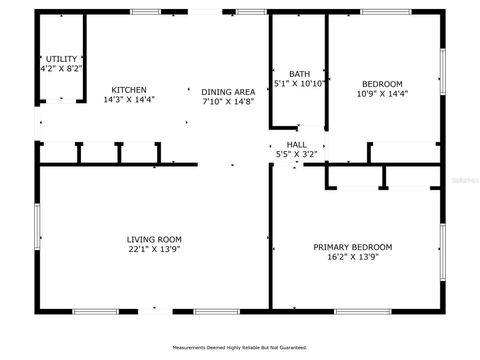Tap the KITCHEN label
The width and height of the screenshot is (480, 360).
(129, 90)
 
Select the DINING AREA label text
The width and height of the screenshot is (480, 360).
(228, 91)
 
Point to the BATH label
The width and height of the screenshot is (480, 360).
(299, 74)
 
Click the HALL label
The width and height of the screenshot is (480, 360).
(297, 145)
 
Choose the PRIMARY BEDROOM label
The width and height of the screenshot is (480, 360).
(352, 247)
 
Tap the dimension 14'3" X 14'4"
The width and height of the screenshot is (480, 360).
(129, 100)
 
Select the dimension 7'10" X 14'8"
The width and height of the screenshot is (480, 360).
(228, 101)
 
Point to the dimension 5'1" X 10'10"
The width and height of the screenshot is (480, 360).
(299, 84)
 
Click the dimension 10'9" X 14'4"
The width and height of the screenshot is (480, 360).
(383, 94)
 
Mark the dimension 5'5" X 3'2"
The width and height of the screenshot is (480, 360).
(297, 155)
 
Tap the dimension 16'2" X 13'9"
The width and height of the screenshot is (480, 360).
(352, 257)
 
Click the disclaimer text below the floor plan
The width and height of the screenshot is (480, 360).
(240, 348)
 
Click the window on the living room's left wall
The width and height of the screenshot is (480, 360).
(37, 228)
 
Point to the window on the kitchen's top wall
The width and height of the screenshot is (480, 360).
(146, 11)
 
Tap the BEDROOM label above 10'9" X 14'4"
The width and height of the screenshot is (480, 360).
(383, 84)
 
